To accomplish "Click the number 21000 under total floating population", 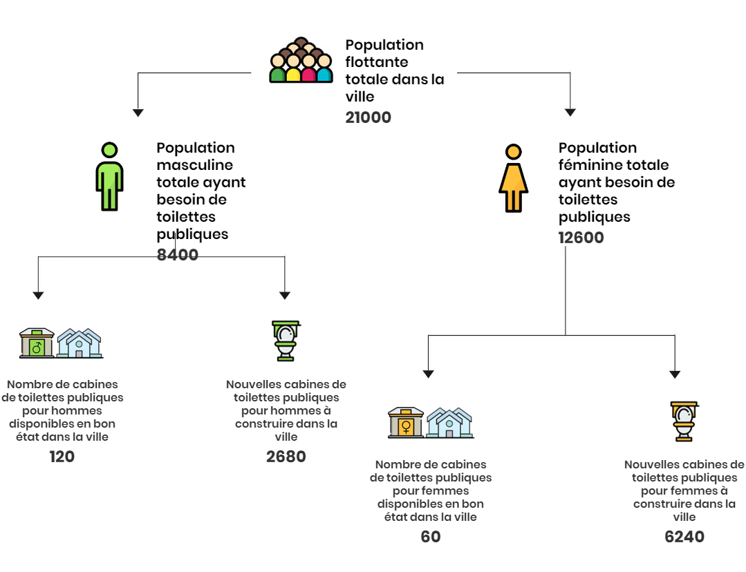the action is coord(369,117).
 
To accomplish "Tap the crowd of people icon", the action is coord(301,60).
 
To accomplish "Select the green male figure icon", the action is coord(109,176).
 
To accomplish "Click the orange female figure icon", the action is coord(514,178).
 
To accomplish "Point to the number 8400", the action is coord(178,255).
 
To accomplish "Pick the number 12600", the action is coord(581,238).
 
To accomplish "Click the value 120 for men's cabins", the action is coord(62,457).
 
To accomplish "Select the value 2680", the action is coord(286,457).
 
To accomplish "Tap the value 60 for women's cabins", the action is coord(431,537).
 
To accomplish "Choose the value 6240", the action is coord(684,537).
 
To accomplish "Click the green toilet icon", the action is coord(286,341).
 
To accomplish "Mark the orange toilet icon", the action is coord(684,421).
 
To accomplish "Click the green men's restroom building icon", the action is coord(37,343).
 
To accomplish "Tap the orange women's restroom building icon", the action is coord(406,423).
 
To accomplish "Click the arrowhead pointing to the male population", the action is coord(138,113).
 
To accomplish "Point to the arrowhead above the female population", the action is coord(570,112).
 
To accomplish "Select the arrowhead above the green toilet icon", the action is coord(285,295).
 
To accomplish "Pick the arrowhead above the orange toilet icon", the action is coord(675,374).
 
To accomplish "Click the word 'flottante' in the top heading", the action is coord(377,61).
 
